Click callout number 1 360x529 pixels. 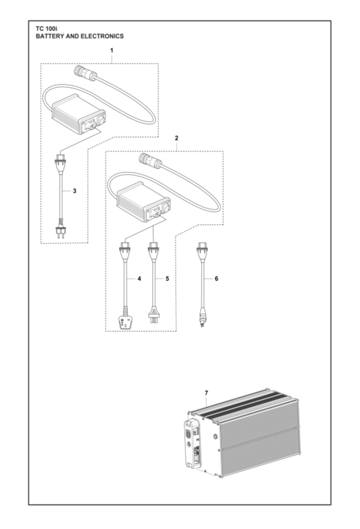pos(112,51)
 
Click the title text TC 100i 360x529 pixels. pos(48,28)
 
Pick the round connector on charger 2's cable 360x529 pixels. pos(148,161)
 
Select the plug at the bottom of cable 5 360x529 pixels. pos(153,314)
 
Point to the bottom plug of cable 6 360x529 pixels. pos(203,321)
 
